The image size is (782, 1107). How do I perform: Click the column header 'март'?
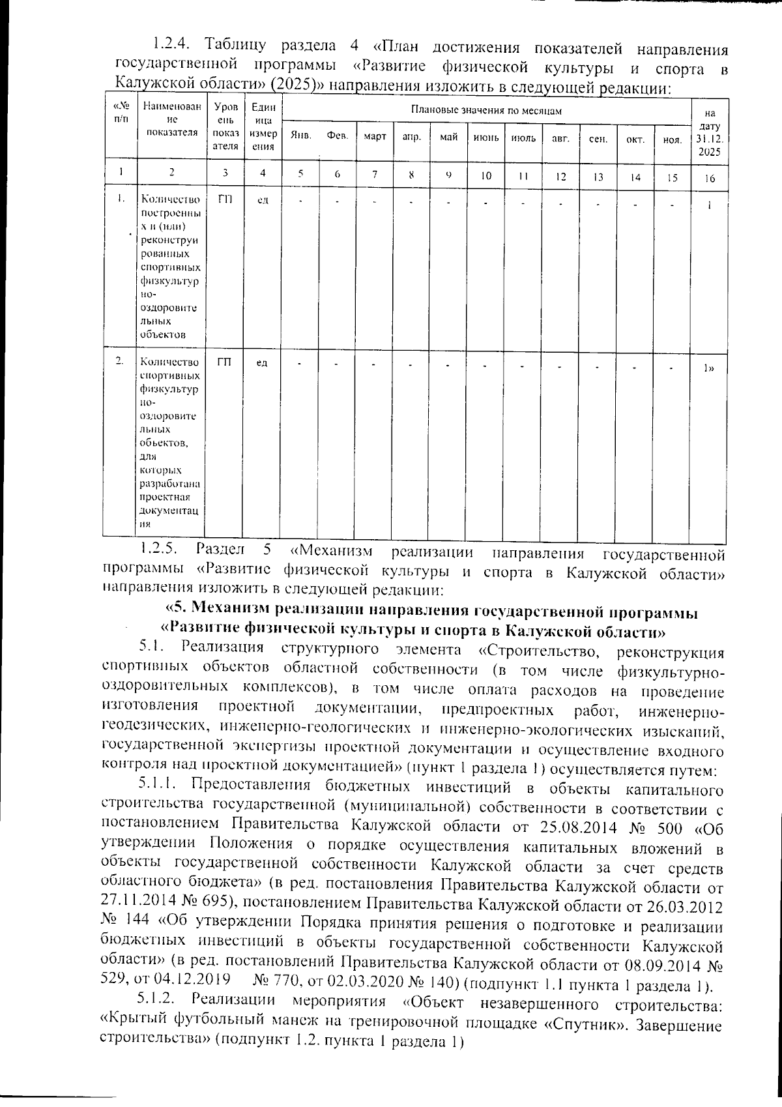pyautogui.click(x=375, y=137)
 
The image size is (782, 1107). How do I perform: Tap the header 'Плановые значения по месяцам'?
pyautogui.click(x=486, y=110)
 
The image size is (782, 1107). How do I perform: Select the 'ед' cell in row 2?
pyautogui.click(x=262, y=362)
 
